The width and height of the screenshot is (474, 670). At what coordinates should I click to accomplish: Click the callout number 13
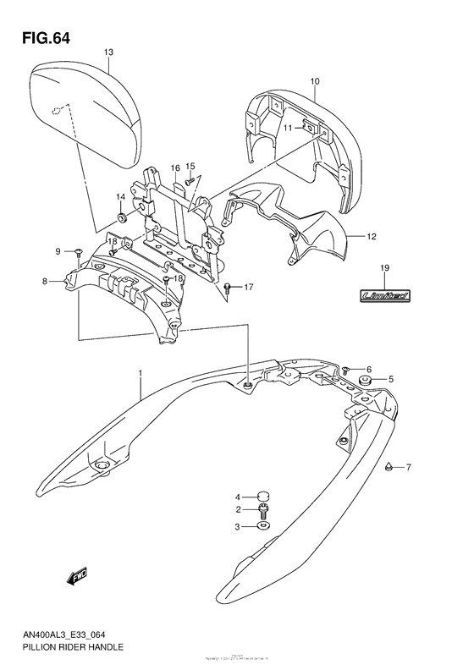pyautogui.click(x=108, y=52)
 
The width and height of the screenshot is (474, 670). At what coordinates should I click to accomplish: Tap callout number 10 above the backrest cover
pyautogui.click(x=314, y=81)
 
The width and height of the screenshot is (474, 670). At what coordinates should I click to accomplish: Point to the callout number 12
pyautogui.click(x=372, y=237)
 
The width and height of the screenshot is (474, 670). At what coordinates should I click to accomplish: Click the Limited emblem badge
pyautogui.click(x=383, y=295)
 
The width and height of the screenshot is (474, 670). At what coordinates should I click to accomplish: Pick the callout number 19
pyautogui.click(x=383, y=269)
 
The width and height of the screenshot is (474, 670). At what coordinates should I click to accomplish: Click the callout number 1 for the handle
pyautogui.click(x=141, y=371)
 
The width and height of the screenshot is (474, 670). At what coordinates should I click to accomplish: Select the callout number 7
pyautogui.click(x=407, y=468)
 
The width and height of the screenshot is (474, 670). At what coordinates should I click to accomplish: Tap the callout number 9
pyautogui.click(x=58, y=251)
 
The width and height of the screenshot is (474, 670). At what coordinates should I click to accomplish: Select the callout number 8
pyautogui.click(x=58, y=281)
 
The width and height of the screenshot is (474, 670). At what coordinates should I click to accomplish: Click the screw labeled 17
pyautogui.click(x=228, y=288)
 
